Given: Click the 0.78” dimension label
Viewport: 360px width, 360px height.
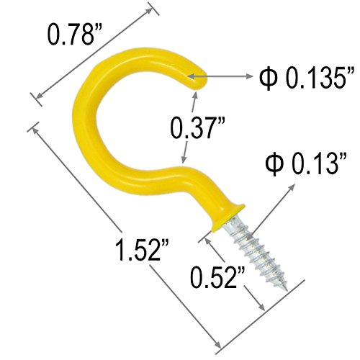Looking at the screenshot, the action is [76, 35].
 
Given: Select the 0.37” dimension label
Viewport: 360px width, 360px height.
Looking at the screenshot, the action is [198, 127].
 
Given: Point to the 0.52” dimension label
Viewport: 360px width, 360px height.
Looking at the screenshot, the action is [217, 277].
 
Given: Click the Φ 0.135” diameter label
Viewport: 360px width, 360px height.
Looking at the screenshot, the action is [307, 78].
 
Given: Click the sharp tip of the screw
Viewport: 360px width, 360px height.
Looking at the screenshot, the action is [287, 289].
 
